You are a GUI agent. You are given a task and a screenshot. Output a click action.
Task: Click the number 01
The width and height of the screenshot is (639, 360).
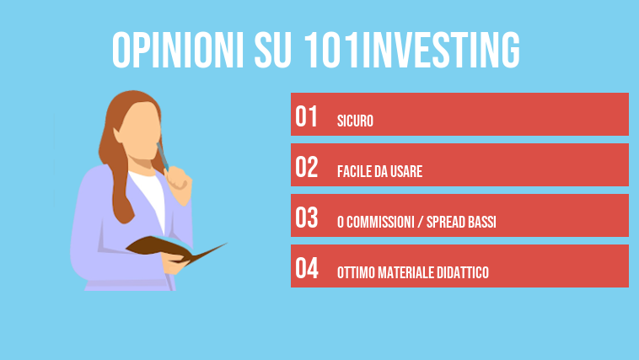pos(307,117)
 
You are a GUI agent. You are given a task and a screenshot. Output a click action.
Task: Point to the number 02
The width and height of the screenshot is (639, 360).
pos(307,168)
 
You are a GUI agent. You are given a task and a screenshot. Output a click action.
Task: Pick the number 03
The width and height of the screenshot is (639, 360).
pos(307,218)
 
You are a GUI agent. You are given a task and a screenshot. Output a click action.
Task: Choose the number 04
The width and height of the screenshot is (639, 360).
pos(307,269)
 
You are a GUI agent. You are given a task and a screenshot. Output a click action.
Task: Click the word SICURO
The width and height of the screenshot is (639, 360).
pos(354,121)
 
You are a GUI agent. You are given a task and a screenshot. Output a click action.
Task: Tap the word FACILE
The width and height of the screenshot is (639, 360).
pos(354,172)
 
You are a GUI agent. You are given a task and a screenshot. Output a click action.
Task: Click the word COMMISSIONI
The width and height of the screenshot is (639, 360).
pos(381,223)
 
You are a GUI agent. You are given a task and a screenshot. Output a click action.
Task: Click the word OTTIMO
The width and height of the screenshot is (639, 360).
pos(353,273)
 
